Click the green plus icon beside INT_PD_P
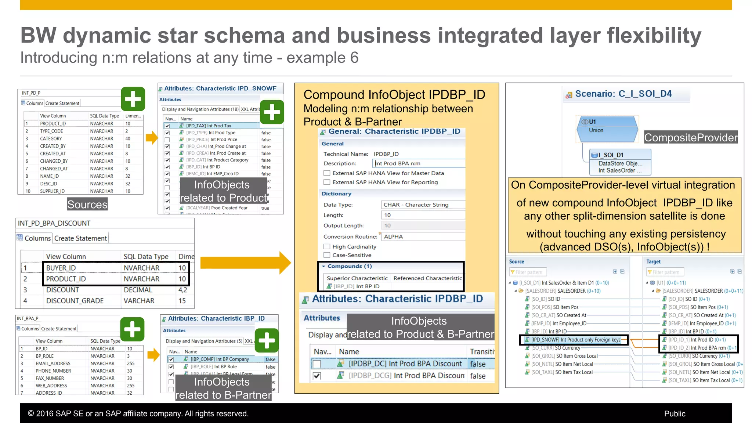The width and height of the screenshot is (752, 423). (x=133, y=99)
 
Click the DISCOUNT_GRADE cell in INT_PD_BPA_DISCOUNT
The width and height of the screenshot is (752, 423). (x=75, y=301)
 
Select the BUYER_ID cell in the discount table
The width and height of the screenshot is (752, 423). (x=61, y=268)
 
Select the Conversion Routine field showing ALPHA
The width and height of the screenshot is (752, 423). (x=422, y=236)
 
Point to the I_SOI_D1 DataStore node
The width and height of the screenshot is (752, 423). (x=620, y=162)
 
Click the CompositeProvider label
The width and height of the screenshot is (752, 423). (x=691, y=137)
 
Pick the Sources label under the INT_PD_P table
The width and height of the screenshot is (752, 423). (x=87, y=204)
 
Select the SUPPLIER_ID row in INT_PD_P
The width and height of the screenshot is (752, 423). (x=52, y=191)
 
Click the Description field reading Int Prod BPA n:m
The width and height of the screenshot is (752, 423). (x=419, y=163)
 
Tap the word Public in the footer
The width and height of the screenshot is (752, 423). (x=675, y=413)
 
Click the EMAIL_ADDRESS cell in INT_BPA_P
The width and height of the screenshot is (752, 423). (x=53, y=364)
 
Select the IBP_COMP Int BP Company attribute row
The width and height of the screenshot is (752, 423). (x=220, y=359)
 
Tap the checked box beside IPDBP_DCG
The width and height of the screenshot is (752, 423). (x=317, y=376)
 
